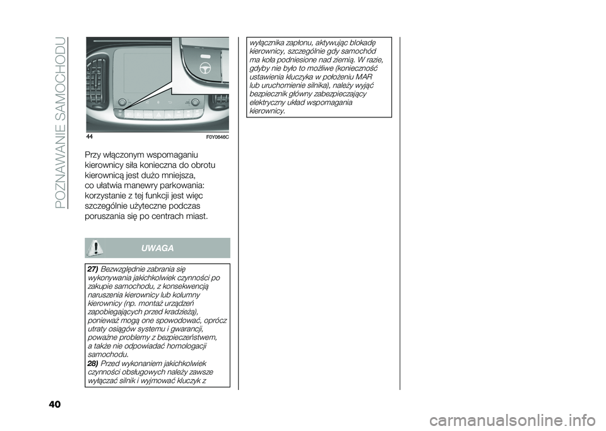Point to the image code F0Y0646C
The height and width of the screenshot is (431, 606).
[218, 138]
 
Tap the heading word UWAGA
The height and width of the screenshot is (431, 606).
[162, 248]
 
